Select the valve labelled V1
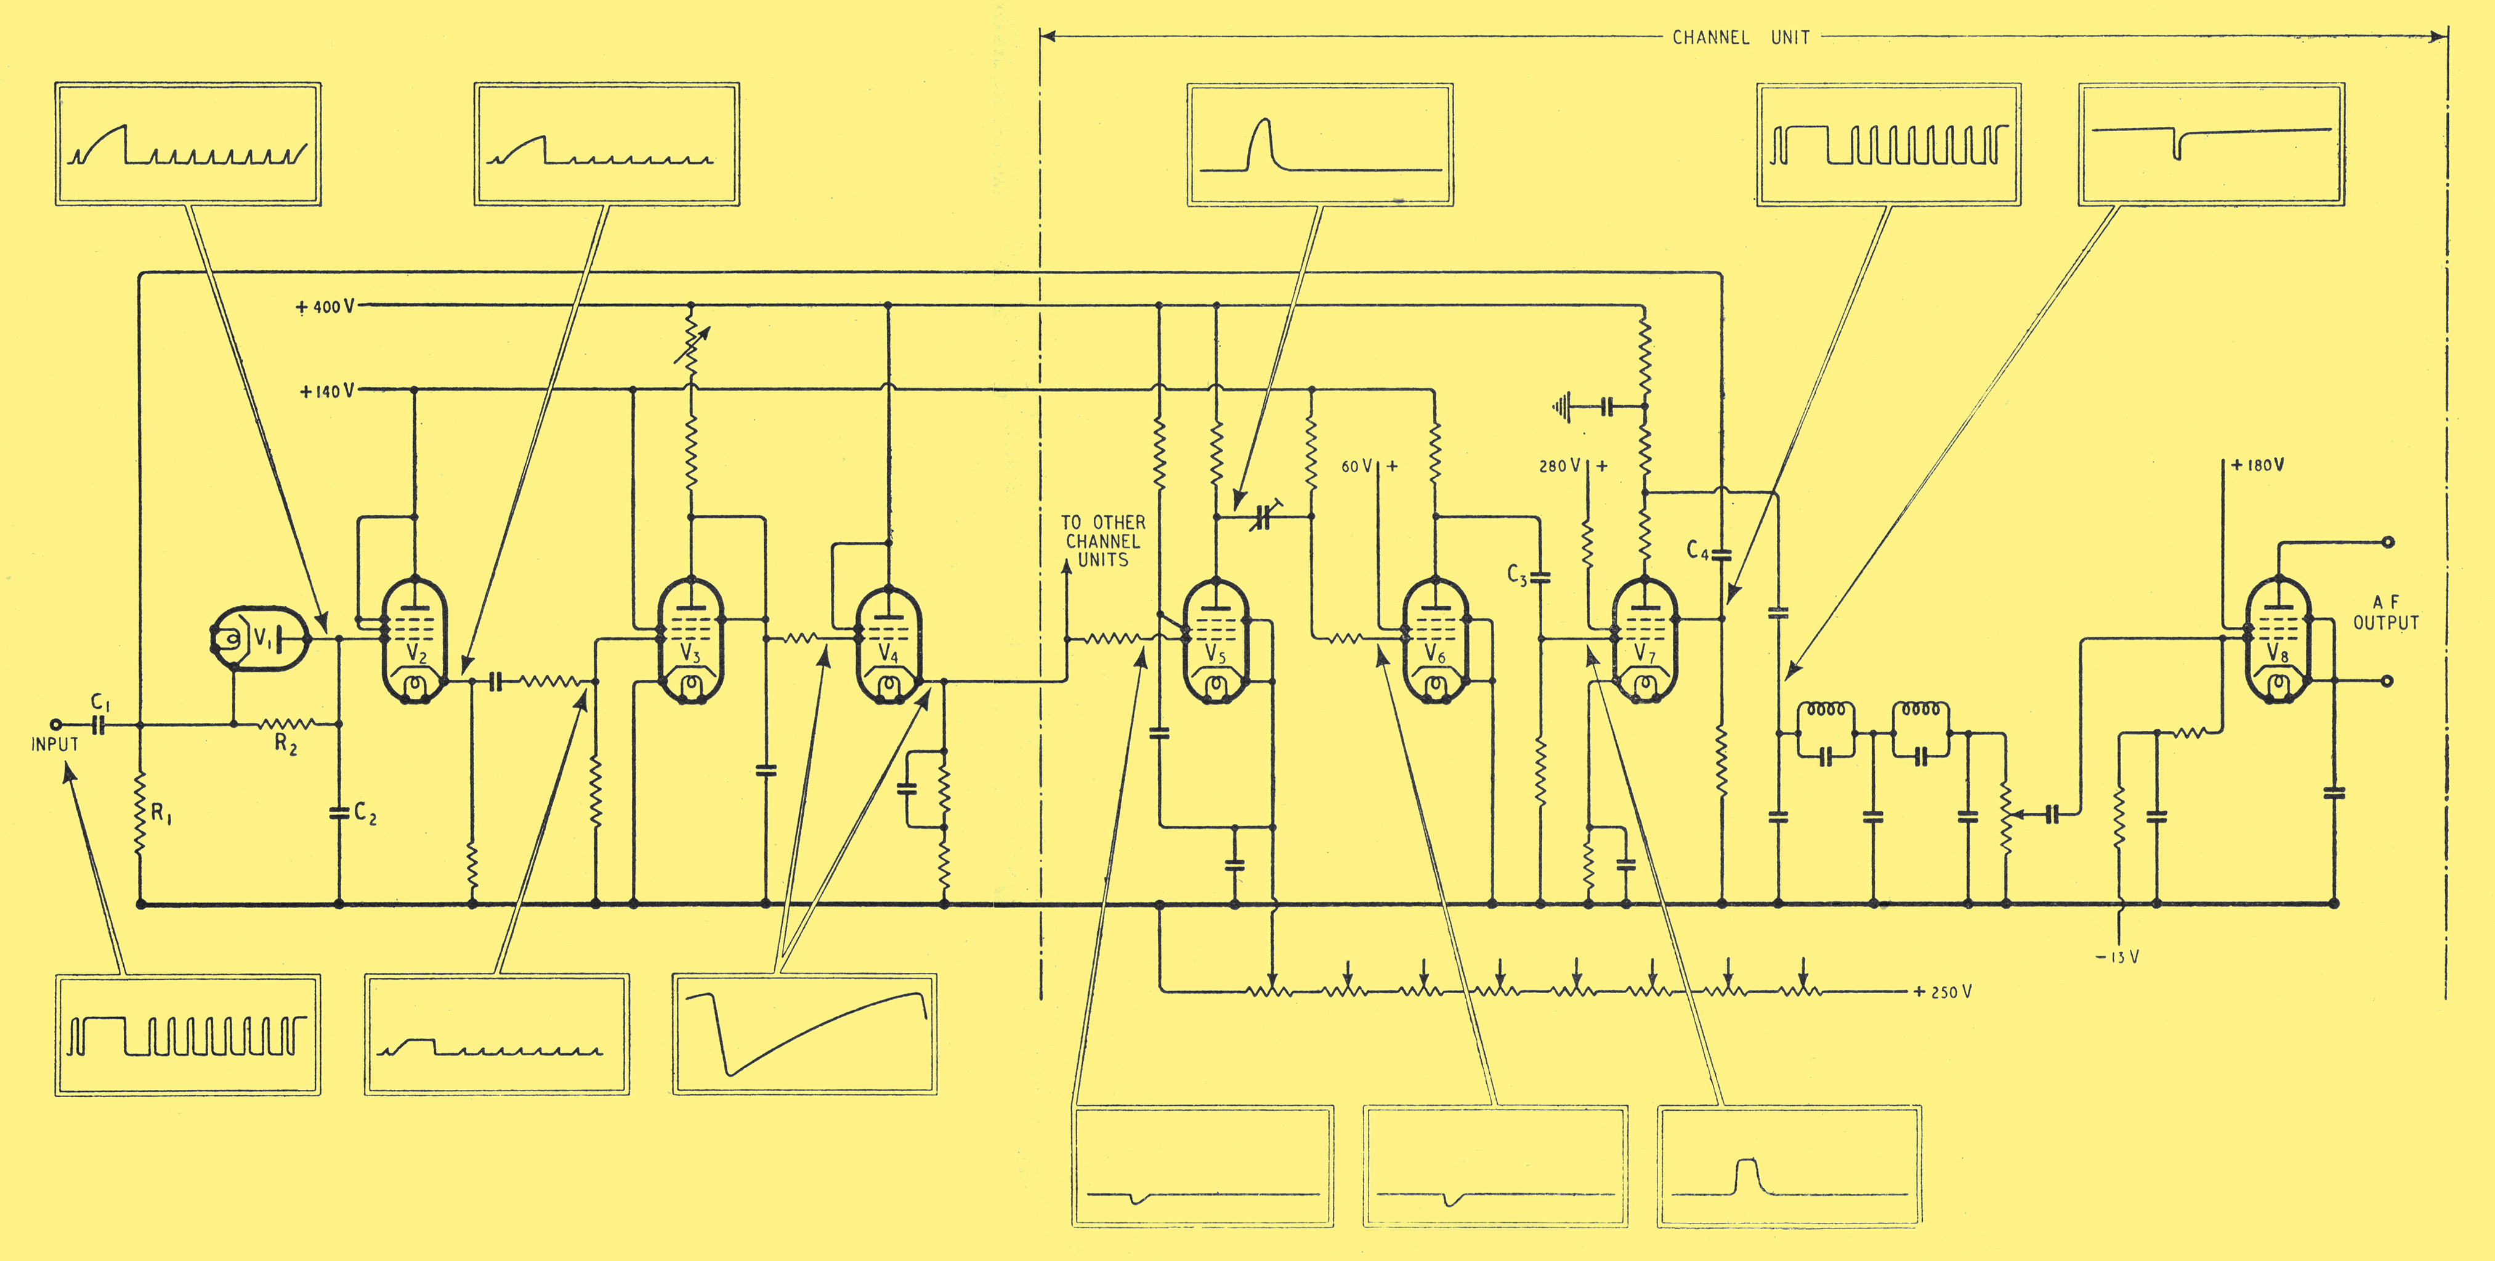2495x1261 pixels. pyautogui.click(x=259, y=639)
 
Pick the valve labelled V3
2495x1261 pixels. pyautogui.click(x=690, y=640)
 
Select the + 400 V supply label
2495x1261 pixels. pyautogui.click(x=325, y=307)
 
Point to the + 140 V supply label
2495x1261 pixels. pyautogui.click(x=328, y=391)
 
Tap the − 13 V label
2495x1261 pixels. pyautogui.click(x=2117, y=957)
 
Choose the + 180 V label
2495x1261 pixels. pyautogui.click(x=2258, y=465)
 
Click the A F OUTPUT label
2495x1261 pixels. pyautogui.click(x=2387, y=613)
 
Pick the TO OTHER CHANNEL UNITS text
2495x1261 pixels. pyautogui.click(x=1103, y=541)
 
